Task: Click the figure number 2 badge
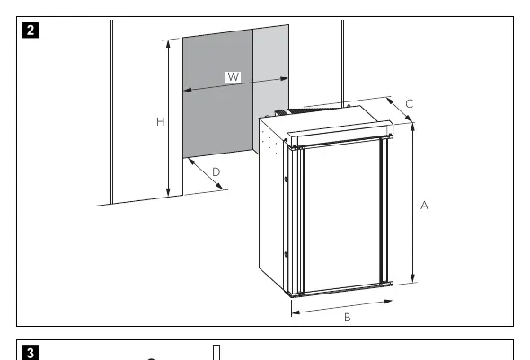point(31,30)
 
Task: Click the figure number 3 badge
point(31,353)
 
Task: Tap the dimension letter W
point(234,77)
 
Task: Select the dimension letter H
point(161,121)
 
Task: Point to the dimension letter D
point(216,172)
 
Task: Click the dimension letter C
point(410,103)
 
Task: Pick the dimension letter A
point(424,205)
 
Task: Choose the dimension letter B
point(347,318)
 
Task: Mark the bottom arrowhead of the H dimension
point(168,191)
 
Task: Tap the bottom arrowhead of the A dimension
point(412,277)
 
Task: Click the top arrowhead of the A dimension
point(412,127)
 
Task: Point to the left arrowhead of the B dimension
point(296,312)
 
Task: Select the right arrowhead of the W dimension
point(284,79)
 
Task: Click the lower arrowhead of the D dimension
point(220,187)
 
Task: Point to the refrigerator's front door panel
point(342,216)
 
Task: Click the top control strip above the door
point(340,134)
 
